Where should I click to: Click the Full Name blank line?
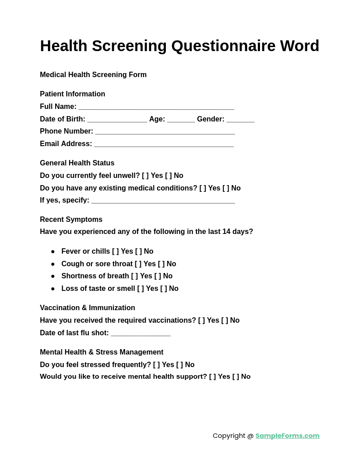156,108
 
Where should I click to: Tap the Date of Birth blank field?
117,120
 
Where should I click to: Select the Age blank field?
181,120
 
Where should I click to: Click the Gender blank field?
240,120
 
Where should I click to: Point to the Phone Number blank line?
165,132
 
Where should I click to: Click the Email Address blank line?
164,145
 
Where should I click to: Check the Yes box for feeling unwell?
145,176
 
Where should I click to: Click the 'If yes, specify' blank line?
163,201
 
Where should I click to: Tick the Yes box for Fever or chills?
115,251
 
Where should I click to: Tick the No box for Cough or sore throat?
161,264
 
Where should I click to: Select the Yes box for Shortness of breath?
134,276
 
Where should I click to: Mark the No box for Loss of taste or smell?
164,289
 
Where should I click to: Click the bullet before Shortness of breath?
53,277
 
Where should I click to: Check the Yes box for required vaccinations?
201,320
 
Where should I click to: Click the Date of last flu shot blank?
141,334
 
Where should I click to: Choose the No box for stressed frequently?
179,365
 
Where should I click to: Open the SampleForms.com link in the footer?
287,436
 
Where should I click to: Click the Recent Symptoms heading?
71,220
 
